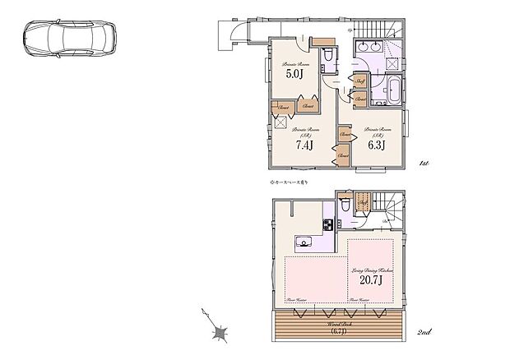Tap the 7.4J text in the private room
[x=305, y=144]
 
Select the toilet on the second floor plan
[x=346, y=202]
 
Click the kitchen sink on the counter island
[x=304, y=242]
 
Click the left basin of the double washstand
[x=365, y=46]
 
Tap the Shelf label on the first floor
[x=361, y=81]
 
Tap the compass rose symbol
[x=219, y=332]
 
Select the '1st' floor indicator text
[x=424, y=164]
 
